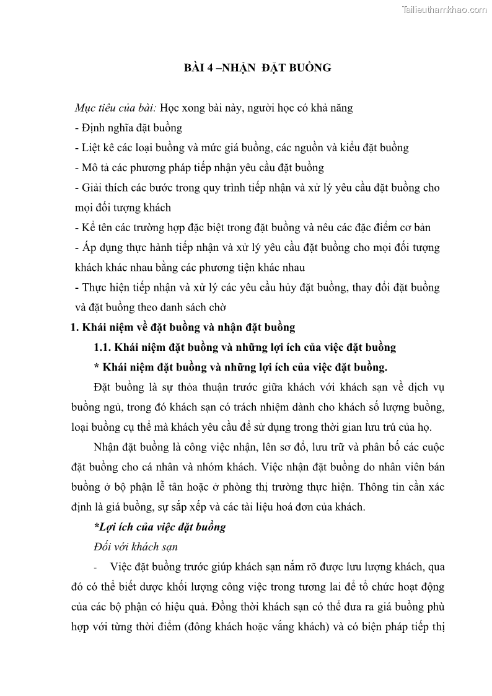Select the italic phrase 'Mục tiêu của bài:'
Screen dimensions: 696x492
pos(115,108)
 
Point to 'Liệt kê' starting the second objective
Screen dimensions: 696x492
pos(98,148)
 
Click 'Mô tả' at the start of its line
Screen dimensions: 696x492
pos(97,168)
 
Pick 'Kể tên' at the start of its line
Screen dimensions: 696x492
pos(98,227)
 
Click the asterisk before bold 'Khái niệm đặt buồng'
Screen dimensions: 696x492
pos(96,367)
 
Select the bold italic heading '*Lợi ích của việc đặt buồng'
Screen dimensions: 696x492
pos(159,527)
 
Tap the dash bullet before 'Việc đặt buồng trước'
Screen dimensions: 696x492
pos(96,567)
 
